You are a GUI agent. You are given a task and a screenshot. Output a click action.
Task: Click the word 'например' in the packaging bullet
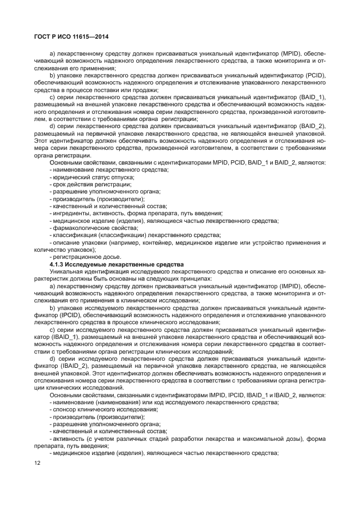click(x=132, y=242)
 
